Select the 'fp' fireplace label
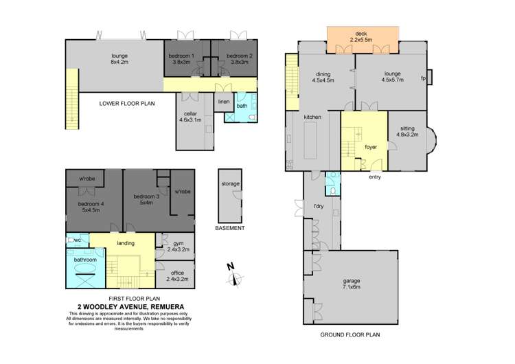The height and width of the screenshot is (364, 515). tap(423, 78)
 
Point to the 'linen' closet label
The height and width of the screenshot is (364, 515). tap(223, 102)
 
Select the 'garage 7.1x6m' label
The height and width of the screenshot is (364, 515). tap(350, 284)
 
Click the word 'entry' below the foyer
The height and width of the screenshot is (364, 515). tap(374, 178)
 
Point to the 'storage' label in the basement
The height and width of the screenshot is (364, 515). tap(230, 184)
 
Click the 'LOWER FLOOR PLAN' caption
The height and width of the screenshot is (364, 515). tap(128, 104)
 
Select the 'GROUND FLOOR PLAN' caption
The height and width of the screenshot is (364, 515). tap(350, 335)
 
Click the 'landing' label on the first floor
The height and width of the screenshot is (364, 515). tap(125, 243)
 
